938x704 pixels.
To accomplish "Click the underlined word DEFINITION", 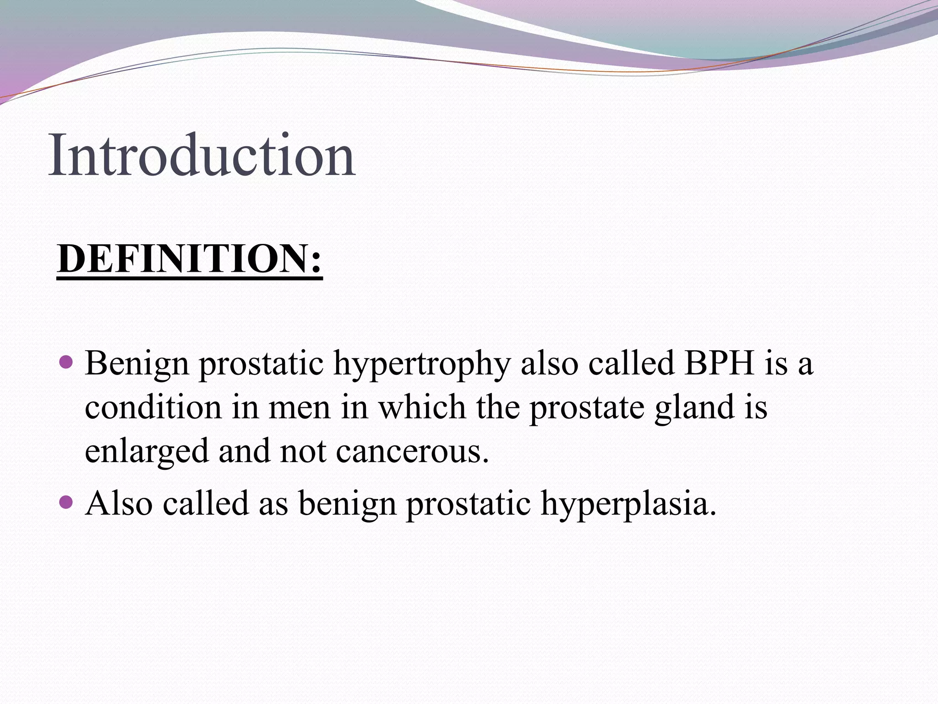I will pos(183,259).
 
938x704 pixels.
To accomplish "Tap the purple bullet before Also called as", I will pos(66,502).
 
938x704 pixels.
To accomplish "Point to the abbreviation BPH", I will pos(719,363).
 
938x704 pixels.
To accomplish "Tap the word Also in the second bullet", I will pos(119,503).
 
